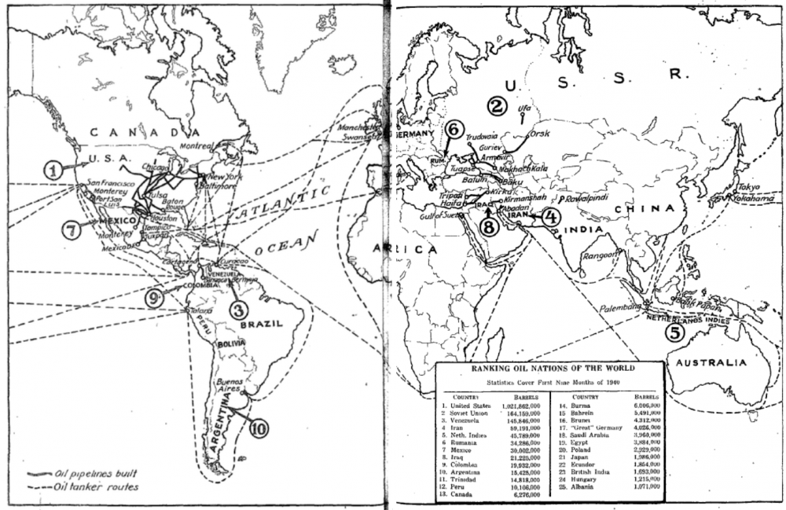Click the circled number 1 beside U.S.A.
53,168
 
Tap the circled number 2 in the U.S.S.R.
497,105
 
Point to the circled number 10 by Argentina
258,427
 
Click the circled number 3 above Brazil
239,309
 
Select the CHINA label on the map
645,209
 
